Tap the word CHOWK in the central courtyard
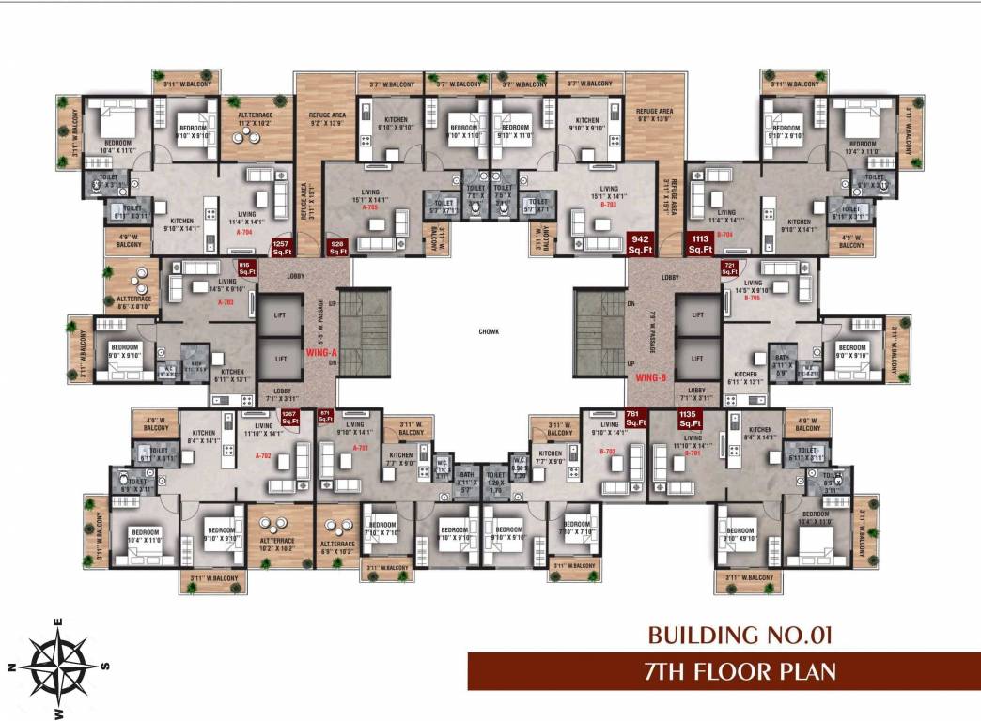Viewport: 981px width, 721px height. click(488, 330)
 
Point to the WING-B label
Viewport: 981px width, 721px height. click(649, 377)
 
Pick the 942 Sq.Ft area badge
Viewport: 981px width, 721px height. click(640, 244)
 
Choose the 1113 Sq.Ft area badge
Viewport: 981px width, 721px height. click(700, 244)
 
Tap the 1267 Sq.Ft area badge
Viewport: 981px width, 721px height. click(289, 418)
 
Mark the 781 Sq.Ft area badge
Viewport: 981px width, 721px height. click(636, 418)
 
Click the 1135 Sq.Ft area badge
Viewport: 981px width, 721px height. click(691, 418)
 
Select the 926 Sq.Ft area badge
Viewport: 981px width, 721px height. click(337, 248)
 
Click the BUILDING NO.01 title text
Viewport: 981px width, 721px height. click(740, 636)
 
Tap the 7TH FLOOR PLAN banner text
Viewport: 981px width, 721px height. click(740, 672)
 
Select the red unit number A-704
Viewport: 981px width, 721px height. click(244, 231)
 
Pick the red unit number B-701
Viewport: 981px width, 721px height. click(693, 453)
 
